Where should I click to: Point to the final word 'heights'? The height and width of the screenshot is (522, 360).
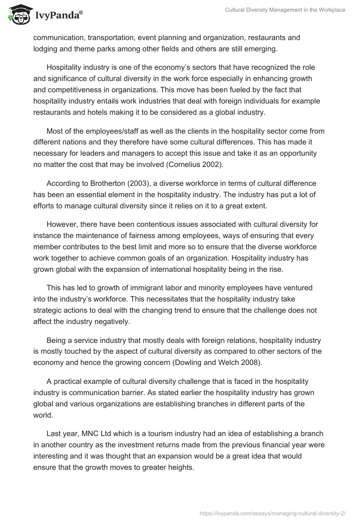coord(181,468)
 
